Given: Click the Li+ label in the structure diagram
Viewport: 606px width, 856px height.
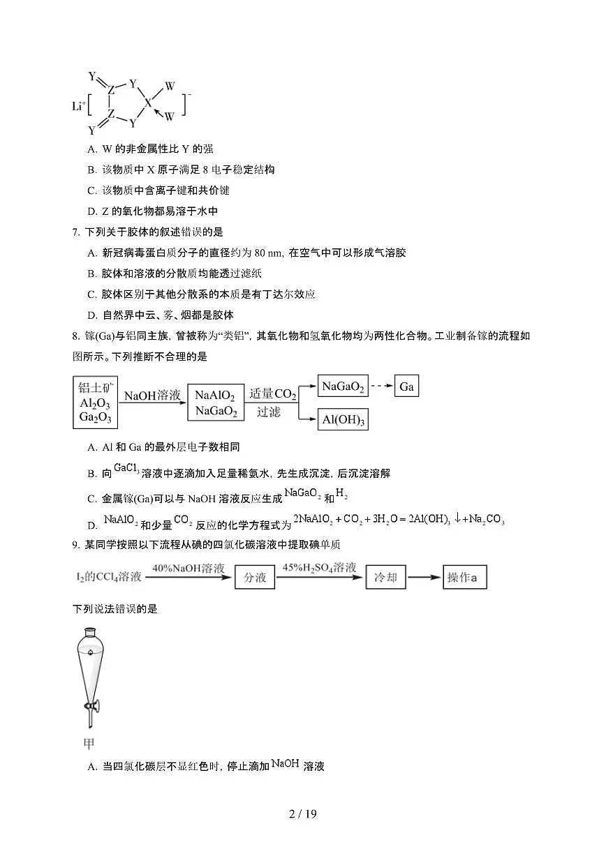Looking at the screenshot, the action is pyautogui.click(x=79, y=105).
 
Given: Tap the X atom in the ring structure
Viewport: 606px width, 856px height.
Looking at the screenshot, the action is pyautogui.click(x=147, y=103).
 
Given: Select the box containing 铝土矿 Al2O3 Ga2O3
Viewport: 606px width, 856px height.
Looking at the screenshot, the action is pyautogui.click(x=96, y=402).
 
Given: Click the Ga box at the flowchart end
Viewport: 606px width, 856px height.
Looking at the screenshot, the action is pyautogui.click(x=406, y=386).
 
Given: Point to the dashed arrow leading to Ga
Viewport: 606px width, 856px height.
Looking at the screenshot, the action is pyautogui.click(x=381, y=386).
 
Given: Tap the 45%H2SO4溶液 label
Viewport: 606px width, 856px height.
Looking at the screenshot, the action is pyautogui.click(x=320, y=568).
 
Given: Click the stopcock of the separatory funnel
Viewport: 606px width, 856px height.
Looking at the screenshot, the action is pyautogui.click(x=91, y=706).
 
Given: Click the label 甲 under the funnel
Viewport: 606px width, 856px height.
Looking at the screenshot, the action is pyautogui.click(x=89, y=744).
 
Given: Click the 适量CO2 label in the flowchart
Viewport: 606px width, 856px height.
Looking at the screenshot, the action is pyautogui.click(x=272, y=394).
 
